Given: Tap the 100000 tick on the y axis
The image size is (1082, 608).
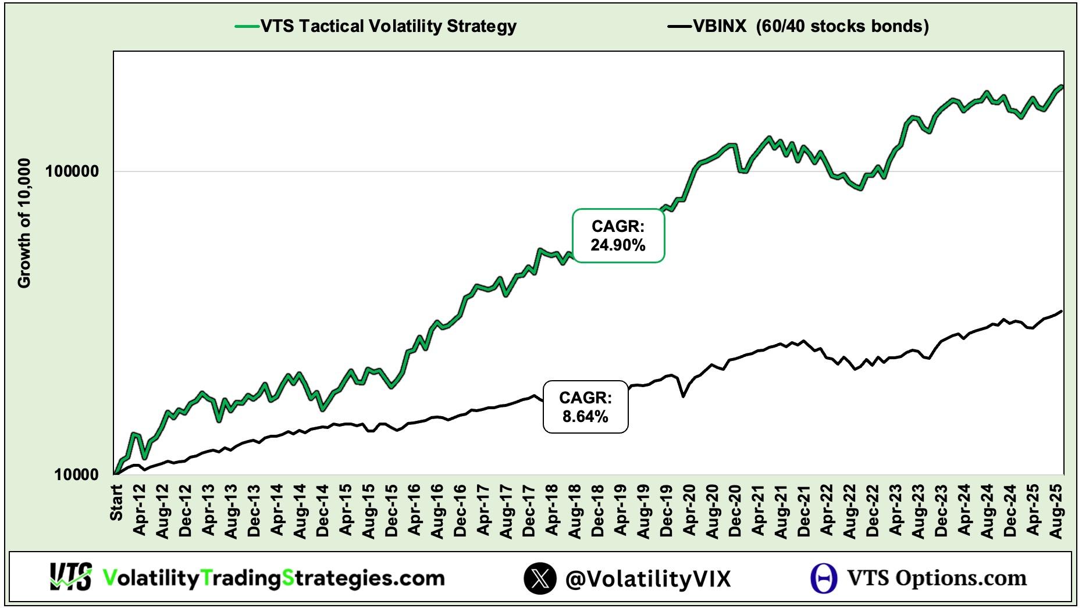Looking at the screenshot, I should click(x=72, y=171).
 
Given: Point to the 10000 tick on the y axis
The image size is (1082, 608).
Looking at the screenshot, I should click(x=76, y=475).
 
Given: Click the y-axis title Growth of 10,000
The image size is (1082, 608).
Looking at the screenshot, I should click(x=24, y=223).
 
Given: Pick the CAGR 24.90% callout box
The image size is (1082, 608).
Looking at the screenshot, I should click(x=618, y=236).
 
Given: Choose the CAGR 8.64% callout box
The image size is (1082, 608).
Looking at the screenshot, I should click(x=585, y=407).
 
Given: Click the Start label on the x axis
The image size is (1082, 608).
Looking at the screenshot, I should click(x=116, y=503).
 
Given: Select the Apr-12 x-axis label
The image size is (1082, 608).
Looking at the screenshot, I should click(x=140, y=510).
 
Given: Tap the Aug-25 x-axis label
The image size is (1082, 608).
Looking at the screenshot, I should click(x=1056, y=510).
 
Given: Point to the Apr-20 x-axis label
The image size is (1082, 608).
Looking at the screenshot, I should click(x=690, y=510).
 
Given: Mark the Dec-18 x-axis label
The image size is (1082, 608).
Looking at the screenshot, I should click(x=598, y=510).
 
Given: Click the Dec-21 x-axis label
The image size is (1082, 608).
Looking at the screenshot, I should click(x=805, y=510).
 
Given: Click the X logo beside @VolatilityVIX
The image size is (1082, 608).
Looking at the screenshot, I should click(x=540, y=578).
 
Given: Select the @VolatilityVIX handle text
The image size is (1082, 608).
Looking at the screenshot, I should click(x=647, y=579).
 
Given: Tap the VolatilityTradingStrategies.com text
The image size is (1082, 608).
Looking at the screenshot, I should click(x=273, y=578).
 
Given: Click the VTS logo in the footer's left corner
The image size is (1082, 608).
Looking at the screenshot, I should click(x=70, y=577).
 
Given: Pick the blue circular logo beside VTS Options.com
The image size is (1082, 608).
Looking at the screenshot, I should click(x=824, y=578).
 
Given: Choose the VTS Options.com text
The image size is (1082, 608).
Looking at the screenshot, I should click(x=937, y=578).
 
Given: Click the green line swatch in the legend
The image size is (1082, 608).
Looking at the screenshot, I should click(x=247, y=26).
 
